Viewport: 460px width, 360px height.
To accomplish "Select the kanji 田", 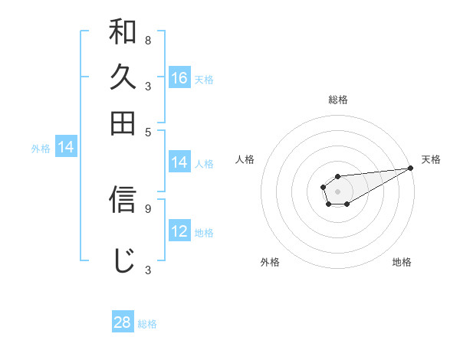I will point(123,123).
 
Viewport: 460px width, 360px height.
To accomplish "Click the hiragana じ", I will point(123,260).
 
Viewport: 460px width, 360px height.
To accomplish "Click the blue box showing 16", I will point(179,78).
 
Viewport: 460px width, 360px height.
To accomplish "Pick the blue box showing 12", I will point(179,231).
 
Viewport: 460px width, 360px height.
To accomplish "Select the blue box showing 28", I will point(123,322).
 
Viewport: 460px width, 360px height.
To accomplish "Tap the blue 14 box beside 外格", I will point(65,148).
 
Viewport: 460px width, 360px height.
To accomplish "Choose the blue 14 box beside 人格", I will point(179,162).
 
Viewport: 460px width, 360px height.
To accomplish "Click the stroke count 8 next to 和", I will point(147,40).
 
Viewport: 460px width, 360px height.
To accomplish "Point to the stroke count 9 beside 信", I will point(147,207).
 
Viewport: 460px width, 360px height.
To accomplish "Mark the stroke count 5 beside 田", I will point(147,131).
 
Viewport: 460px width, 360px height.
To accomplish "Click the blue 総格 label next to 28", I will point(147,324).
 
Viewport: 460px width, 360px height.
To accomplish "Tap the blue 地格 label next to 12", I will point(204,233).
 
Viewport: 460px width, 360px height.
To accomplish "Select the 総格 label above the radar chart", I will point(337,100).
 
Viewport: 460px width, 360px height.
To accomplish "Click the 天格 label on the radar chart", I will point(431,159).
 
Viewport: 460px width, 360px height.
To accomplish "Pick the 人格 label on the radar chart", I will point(245,159).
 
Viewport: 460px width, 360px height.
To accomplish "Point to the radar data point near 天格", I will point(410,168).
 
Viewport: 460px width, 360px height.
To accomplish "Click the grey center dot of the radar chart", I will point(337,190).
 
